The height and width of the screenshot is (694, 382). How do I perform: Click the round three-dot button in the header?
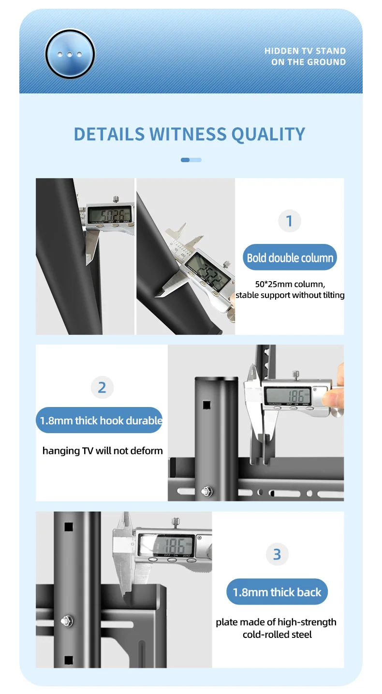(70, 54)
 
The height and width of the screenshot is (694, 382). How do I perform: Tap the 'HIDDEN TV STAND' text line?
(305, 51)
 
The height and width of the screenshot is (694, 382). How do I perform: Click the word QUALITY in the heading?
(268, 134)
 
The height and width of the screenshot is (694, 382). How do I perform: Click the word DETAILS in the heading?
(109, 134)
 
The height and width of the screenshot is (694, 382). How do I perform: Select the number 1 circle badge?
(290, 221)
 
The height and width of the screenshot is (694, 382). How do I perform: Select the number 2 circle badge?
(102, 387)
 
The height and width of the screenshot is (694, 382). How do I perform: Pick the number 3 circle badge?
(277, 554)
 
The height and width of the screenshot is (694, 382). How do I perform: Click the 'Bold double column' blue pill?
(290, 257)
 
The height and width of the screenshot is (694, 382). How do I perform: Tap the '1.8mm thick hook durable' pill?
(100, 420)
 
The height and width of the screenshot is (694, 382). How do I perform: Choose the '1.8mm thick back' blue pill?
(277, 592)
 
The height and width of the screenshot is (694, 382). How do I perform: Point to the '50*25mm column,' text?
(290, 284)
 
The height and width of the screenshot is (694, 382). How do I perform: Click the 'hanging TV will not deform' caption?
(103, 451)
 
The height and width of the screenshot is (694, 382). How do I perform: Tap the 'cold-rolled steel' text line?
(277, 634)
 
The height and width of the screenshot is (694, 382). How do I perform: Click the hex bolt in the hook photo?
(207, 491)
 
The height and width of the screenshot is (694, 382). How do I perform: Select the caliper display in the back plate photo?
(166, 545)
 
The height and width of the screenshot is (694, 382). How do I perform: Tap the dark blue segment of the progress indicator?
(185, 160)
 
